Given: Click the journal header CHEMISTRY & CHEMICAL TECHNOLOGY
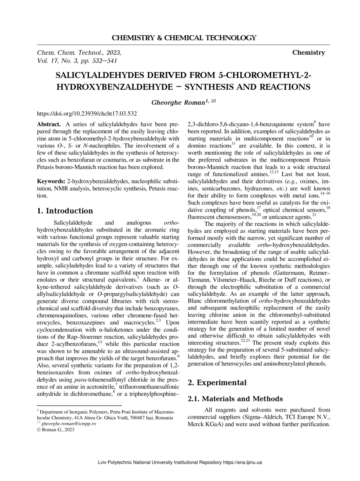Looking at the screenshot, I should pyautogui.click(x=184, y=38).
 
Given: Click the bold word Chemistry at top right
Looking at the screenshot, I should pyautogui.click(x=308, y=53).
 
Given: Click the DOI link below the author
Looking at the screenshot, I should pyautogui.click(x=87, y=114).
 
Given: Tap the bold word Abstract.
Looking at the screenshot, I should pyautogui.click(x=48, y=125).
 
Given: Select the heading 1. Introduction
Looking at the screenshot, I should pyautogui.click(x=65, y=211).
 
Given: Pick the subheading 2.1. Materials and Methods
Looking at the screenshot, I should pyautogui.click(x=235, y=399).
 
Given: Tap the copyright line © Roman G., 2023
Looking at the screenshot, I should pyautogui.click(x=55, y=429).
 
